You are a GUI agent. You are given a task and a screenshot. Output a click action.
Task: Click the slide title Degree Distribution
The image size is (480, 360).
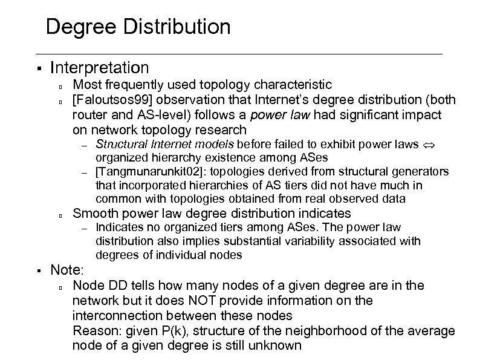tap(138, 27)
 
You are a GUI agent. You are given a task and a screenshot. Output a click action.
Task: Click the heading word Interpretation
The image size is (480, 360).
tap(100, 67)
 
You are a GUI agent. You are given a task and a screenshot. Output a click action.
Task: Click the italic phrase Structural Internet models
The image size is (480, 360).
tap(165, 144)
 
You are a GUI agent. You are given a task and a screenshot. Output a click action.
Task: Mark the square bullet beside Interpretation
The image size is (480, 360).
tap(37, 68)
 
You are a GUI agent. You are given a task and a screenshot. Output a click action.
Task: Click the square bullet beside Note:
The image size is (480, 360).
tap(37, 270)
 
